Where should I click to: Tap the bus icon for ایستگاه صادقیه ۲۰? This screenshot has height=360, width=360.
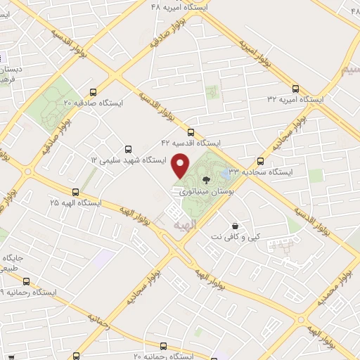[x=94, y=91]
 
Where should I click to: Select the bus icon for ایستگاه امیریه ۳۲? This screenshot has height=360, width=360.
[x=295, y=89]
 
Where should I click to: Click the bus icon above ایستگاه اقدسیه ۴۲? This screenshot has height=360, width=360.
[x=191, y=131]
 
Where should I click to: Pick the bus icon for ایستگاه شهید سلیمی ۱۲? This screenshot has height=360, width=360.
[x=127, y=149]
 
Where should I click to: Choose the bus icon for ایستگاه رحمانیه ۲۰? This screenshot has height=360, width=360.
[x=164, y=347]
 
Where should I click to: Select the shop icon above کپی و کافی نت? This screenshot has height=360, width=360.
[x=235, y=226]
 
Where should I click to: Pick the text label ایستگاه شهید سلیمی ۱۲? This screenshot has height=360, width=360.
[x=128, y=160]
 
